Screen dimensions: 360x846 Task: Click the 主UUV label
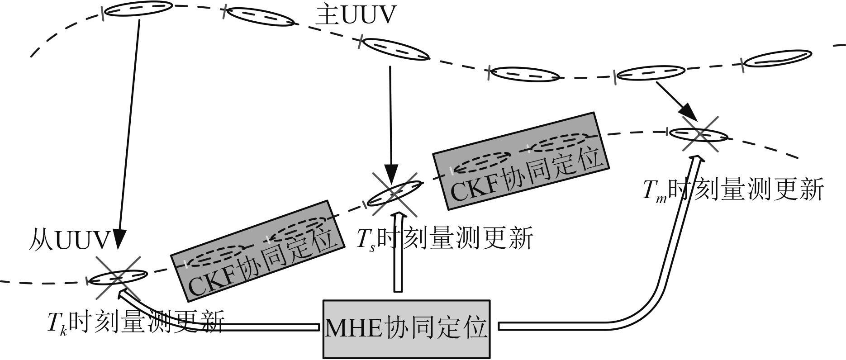[x=355, y=16]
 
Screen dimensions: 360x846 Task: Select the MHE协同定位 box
[x=406, y=329]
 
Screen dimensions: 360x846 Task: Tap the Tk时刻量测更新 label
[x=136, y=322]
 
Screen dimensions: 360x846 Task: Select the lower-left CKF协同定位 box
[x=256, y=251]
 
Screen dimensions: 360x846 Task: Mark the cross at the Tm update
[x=699, y=134]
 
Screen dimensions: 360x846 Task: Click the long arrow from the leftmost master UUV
[x=128, y=131]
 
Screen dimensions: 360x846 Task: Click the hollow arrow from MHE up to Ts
[x=398, y=253]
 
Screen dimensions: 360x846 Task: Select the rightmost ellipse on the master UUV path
[x=775, y=58]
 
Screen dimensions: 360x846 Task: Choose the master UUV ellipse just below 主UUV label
[x=396, y=49]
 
